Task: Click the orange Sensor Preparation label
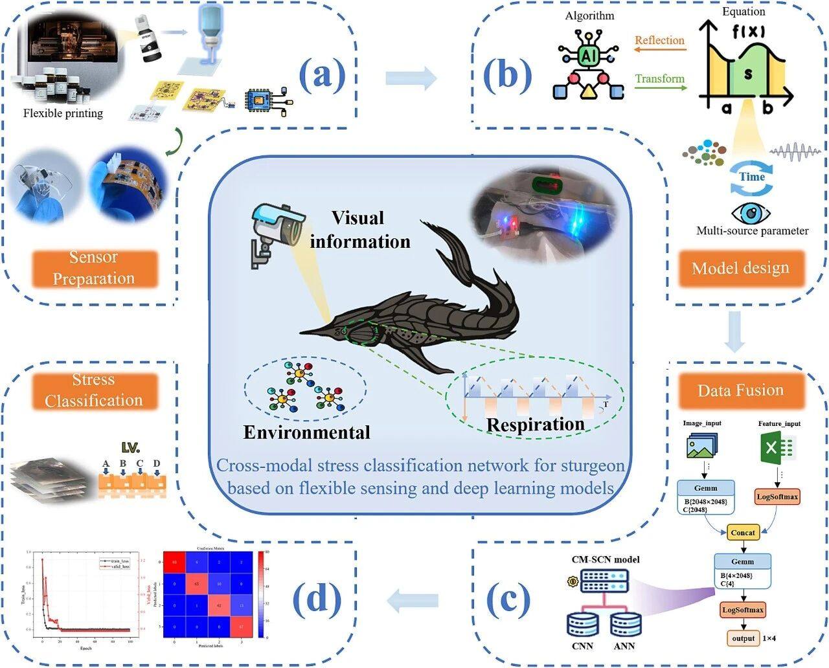[95, 268]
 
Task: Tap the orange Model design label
[740, 268]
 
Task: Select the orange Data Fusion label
[740, 390]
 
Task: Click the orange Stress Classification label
[95, 390]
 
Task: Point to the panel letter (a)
[322, 76]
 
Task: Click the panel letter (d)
[317, 599]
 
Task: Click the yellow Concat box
[743, 533]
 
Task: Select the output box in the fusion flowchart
[744, 638]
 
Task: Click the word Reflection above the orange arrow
[659, 40]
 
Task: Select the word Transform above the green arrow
[659, 79]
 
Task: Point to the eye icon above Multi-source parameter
[751, 214]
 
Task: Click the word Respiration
[535, 425]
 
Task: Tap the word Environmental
[307, 432]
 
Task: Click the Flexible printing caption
[63, 113]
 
